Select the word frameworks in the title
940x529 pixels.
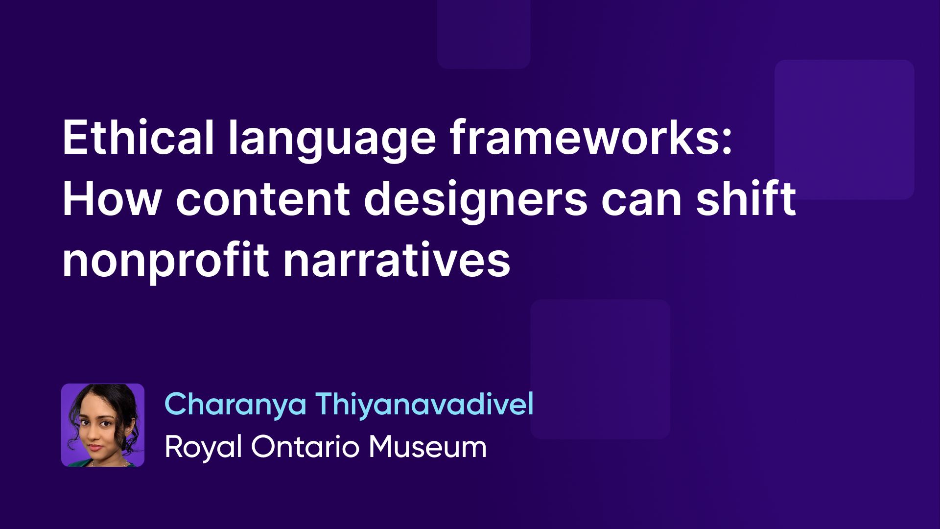pos(585,138)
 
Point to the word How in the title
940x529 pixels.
pos(112,199)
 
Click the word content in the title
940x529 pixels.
pos(263,199)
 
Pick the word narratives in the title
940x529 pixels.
pos(397,261)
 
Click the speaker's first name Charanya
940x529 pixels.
pos(235,406)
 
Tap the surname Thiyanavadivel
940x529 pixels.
pos(424,405)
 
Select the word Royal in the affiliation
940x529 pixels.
pos(203,448)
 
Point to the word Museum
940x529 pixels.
pos(428,447)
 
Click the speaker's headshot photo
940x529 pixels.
pos(103,425)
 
